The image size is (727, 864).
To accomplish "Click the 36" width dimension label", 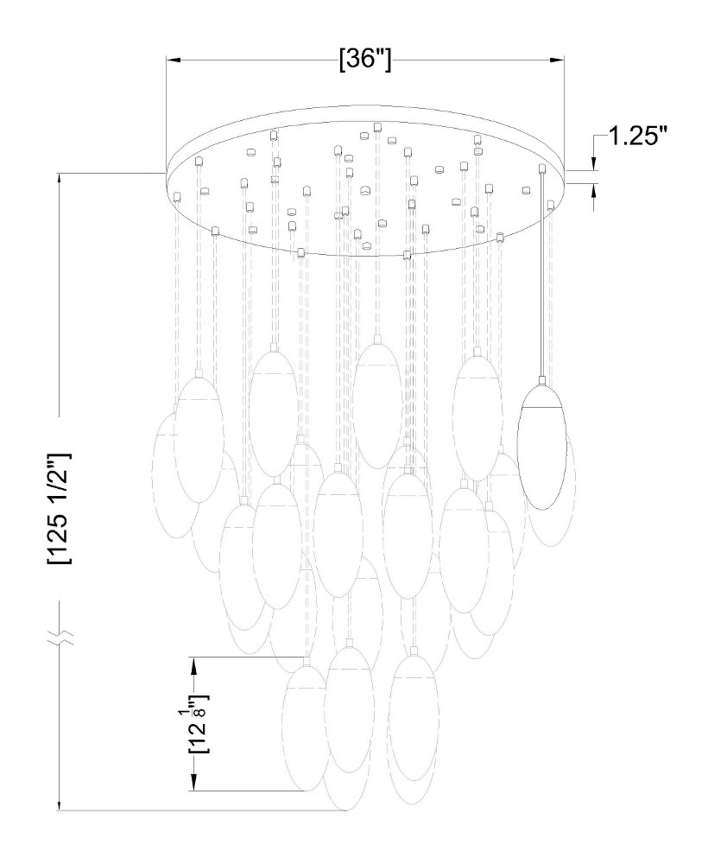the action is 366,59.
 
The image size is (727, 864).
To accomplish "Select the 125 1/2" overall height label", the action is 59,509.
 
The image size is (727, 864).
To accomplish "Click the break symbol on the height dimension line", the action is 59,637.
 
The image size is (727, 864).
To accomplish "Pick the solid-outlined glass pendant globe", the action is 542,447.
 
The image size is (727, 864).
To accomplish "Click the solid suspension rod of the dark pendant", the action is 542,275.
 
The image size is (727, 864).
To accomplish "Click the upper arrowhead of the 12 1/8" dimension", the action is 194,664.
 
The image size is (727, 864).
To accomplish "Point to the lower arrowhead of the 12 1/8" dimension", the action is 194,784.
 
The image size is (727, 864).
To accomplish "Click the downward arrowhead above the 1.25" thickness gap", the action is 594,163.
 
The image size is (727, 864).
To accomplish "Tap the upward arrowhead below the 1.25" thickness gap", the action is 594,191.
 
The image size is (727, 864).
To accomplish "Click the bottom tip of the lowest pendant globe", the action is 346,810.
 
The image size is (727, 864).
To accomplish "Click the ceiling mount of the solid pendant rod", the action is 542,168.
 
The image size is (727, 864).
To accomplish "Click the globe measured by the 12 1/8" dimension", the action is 306,728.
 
